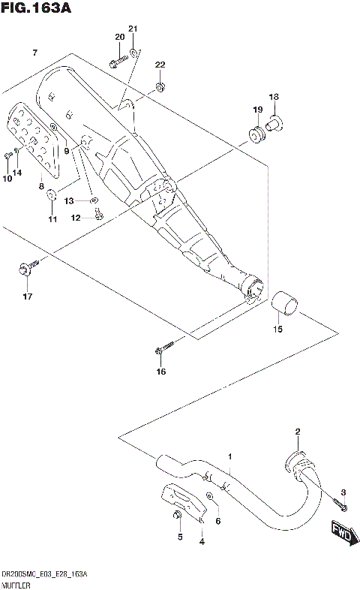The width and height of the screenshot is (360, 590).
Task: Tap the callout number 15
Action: pos(277,329)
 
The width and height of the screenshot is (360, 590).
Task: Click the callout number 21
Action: pos(133,29)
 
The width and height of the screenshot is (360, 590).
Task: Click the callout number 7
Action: pos(34,52)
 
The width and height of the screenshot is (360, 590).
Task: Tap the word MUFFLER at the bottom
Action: pos(13,582)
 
